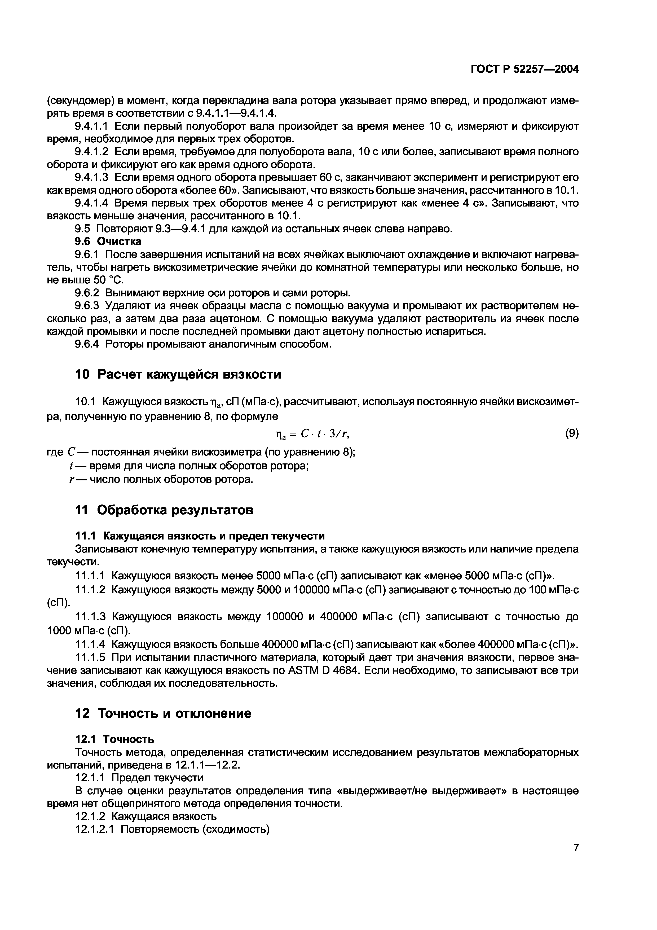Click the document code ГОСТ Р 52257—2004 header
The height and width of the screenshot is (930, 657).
(x=524, y=70)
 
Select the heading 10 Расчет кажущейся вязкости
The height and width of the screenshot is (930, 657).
(x=178, y=374)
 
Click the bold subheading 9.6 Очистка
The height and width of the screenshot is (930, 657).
(x=108, y=242)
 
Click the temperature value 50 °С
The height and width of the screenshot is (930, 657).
(x=107, y=280)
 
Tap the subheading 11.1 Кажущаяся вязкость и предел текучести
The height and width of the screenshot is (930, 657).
(x=200, y=536)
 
